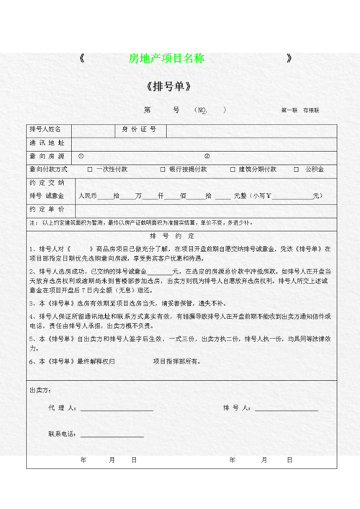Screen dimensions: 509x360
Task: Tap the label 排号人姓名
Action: (45, 130)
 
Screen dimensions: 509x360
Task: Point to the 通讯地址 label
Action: (46, 143)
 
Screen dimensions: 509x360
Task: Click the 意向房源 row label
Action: (46, 156)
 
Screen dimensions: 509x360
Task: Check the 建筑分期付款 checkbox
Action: (233, 170)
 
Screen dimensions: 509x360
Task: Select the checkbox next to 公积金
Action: (299, 170)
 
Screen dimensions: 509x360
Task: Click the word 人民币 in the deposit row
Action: (87, 196)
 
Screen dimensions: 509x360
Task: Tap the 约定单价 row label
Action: (46, 209)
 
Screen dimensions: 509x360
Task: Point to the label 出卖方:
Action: (40, 390)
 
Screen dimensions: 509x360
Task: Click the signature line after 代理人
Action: (114, 410)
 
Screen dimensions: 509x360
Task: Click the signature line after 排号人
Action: (285, 410)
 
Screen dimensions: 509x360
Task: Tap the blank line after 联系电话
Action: (112, 436)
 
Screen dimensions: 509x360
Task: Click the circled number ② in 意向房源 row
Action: (207, 156)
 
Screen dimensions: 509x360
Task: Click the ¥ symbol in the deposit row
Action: (267, 196)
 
